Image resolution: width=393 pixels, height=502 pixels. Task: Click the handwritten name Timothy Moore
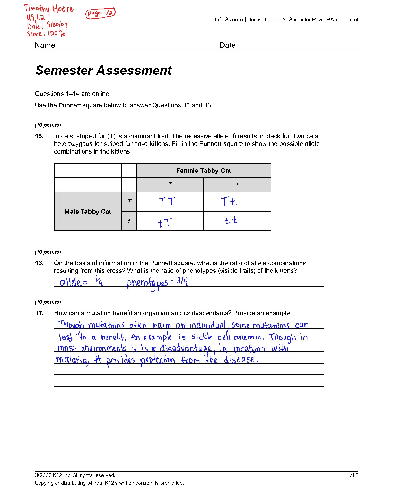[x=49, y=9]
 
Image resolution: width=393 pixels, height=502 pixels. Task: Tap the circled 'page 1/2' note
[x=100, y=13]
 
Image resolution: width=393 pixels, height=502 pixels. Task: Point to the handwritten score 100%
[x=46, y=33]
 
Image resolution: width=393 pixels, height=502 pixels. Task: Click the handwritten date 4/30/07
[x=57, y=24]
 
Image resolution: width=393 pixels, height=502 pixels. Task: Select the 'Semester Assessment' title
[x=103, y=70]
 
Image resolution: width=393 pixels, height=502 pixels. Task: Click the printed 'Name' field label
[x=45, y=45]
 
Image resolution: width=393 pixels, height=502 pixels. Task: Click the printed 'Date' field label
[x=227, y=45]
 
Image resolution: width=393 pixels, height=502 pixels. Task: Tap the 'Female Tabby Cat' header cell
[x=203, y=171]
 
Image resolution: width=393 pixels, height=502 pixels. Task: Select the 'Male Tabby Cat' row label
[x=88, y=212]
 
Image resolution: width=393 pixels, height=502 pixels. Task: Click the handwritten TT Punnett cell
[x=167, y=202]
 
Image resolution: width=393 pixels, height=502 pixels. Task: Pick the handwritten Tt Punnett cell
[x=228, y=202]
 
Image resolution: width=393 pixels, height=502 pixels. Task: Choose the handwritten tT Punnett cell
[x=165, y=222]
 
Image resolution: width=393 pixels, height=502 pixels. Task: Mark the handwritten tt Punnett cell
[x=231, y=221]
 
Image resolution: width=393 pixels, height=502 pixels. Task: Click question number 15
[x=39, y=136]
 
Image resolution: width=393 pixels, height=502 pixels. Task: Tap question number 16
[x=39, y=263]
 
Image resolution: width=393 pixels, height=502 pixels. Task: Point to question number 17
[x=39, y=313]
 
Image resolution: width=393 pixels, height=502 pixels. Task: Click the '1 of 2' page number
[x=352, y=475]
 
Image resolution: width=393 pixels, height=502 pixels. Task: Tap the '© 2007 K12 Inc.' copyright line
[x=75, y=475]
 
